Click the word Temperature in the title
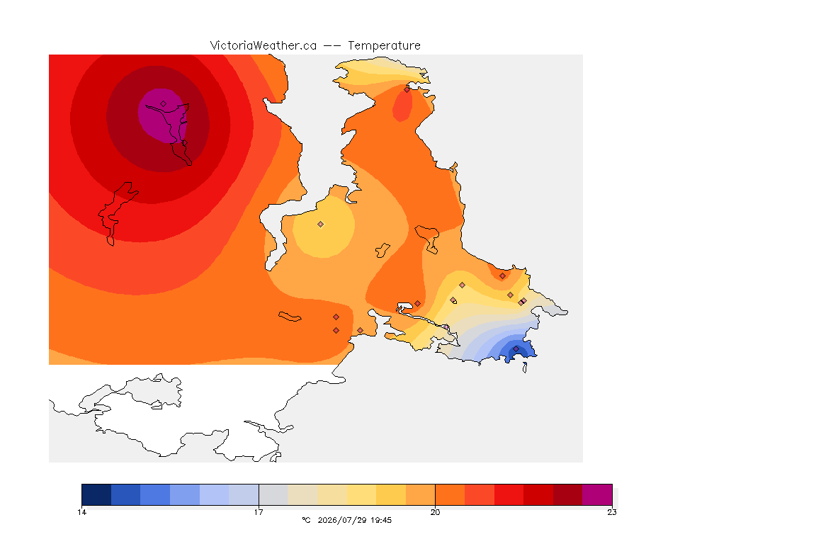click(x=384, y=46)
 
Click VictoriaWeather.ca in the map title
click(x=263, y=46)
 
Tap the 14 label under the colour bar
click(x=81, y=512)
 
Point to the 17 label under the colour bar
click(x=259, y=512)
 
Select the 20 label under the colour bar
click(x=435, y=512)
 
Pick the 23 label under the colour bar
click(x=612, y=512)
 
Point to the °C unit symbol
click(x=306, y=520)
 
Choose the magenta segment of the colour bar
click(x=597, y=494)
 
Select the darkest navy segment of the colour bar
click(x=96, y=494)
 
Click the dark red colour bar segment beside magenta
click(x=568, y=494)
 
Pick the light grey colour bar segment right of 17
click(x=273, y=494)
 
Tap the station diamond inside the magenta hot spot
click(x=164, y=104)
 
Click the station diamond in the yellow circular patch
click(x=321, y=225)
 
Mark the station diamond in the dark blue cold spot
click(x=516, y=348)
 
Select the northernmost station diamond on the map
click(x=407, y=89)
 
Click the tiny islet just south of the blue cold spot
click(x=525, y=368)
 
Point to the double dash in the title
click(x=332, y=46)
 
